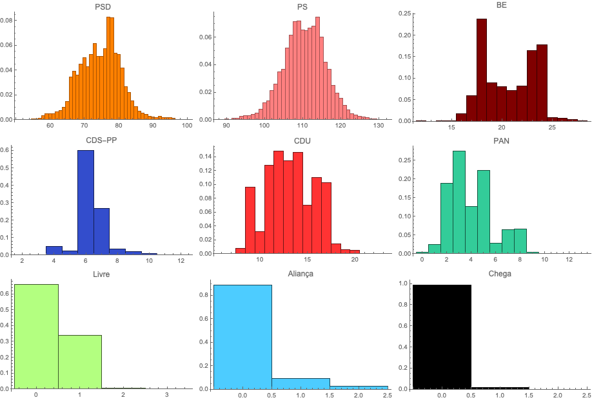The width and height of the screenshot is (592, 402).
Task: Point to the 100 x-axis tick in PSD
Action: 187,126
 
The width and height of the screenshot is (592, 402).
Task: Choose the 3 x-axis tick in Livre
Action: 167,394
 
